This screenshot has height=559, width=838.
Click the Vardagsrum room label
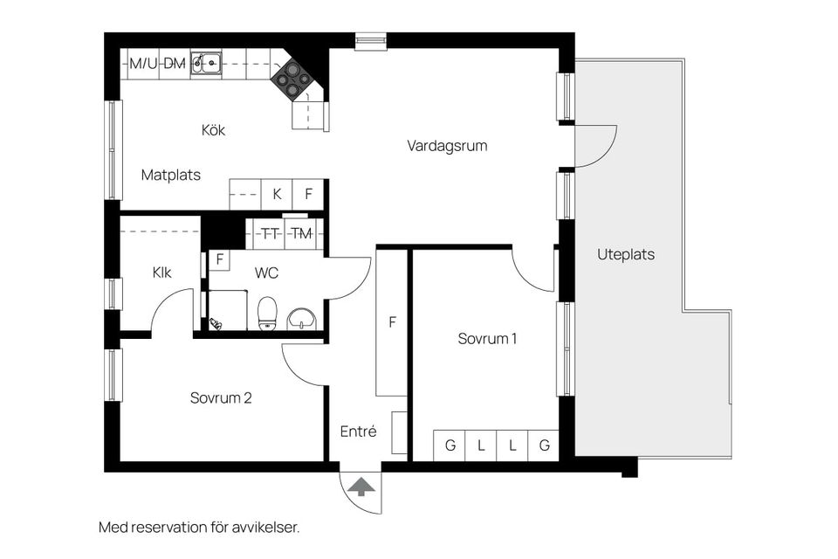point(447,146)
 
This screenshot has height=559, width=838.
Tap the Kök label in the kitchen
point(213,130)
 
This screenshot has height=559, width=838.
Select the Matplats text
point(171,175)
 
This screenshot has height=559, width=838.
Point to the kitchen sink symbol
point(207,62)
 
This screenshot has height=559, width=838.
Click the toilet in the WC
point(267,312)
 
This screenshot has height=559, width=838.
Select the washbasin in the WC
point(302,317)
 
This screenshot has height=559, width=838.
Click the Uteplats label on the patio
point(626,255)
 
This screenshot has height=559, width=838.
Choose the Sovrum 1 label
point(487,339)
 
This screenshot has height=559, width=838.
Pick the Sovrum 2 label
point(221,398)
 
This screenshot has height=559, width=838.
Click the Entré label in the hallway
point(358,431)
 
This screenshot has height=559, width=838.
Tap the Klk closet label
point(161,273)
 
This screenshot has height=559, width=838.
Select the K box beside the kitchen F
point(277,194)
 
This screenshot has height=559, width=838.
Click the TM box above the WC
point(301,233)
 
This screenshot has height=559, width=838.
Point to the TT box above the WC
point(271,233)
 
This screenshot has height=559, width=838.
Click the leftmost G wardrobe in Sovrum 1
point(450,445)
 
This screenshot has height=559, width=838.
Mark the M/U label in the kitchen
point(143,63)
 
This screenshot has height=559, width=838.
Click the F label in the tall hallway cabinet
point(393,322)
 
